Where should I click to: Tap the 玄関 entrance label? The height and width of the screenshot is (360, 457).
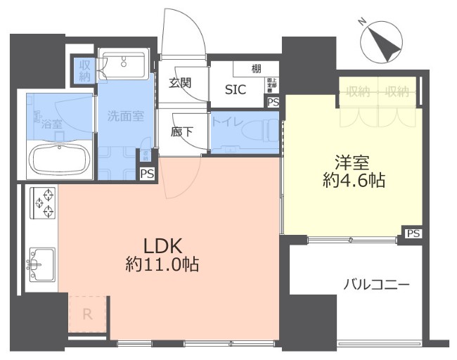tap(180, 82)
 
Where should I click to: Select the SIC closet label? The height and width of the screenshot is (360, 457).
tap(235, 89)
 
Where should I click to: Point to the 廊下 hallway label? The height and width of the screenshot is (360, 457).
tap(180, 130)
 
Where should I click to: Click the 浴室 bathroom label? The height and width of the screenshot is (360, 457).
tap(51, 124)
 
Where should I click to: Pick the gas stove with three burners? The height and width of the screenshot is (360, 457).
tap(41, 201)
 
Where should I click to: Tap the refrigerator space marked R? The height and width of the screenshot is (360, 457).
tap(88, 314)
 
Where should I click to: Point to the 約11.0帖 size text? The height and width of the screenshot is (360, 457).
tap(162, 265)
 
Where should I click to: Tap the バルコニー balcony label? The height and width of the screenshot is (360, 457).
tap(376, 285)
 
